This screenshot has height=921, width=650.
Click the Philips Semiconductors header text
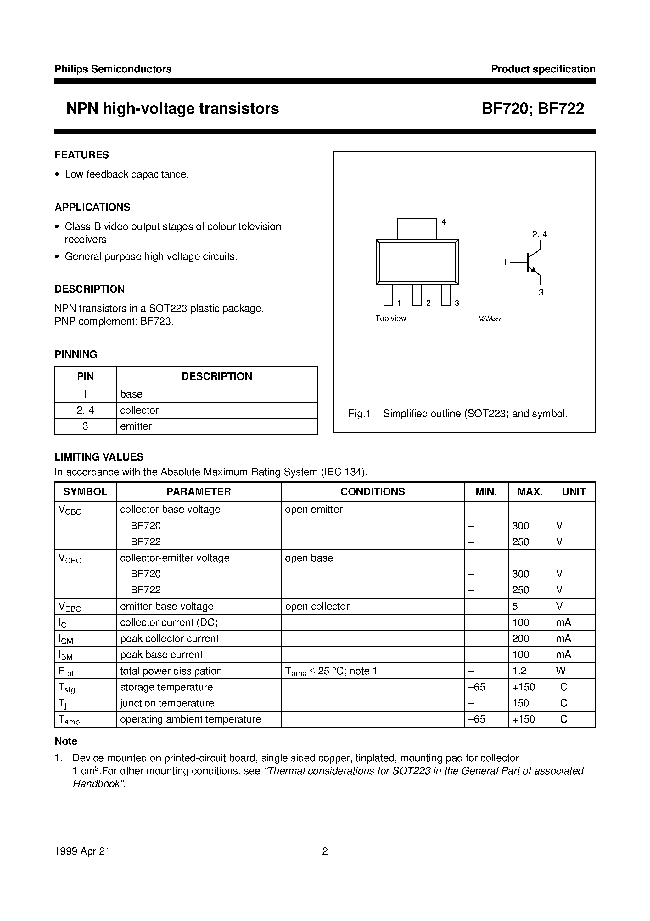(x=113, y=69)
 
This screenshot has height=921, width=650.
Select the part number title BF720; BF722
(x=533, y=109)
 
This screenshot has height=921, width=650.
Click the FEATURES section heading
(x=82, y=155)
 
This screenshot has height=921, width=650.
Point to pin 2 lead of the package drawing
(x=417, y=295)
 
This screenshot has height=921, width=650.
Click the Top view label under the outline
(x=390, y=318)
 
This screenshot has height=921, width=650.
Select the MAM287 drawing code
(x=490, y=319)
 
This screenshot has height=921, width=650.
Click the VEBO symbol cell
(x=70, y=607)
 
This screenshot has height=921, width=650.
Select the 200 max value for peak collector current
(x=520, y=638)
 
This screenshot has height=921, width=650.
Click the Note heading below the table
(x=66, y=741)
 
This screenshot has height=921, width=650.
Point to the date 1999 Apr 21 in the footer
(x=82, y=851)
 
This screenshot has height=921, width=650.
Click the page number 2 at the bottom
(x=325, y=851)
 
